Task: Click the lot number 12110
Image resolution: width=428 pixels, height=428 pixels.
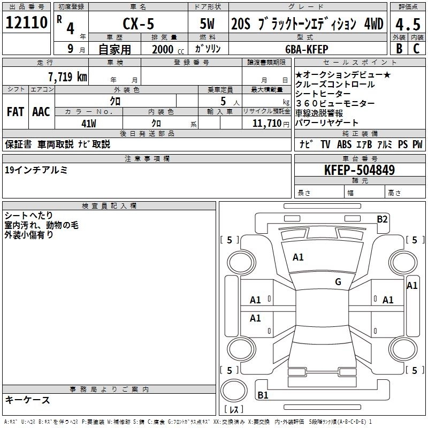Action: (x=26, y=22)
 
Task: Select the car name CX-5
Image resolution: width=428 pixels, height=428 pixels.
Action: (x=139, y=24)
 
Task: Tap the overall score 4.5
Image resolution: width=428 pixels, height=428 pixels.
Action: (x=408, y=24)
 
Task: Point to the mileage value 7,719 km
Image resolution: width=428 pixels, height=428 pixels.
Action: (x=68, y=77)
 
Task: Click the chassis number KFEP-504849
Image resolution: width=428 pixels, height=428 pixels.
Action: (x=360, y=170)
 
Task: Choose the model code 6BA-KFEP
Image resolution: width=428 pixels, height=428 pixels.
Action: (x=307, y=49)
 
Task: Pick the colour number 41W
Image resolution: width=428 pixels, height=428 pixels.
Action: (x=89, y=124)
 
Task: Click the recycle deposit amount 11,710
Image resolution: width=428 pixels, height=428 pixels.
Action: (x=266, y=123)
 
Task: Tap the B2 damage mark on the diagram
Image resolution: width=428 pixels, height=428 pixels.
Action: (x=382, y=219)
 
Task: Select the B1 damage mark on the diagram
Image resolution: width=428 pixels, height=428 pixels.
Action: (x=263, y=395)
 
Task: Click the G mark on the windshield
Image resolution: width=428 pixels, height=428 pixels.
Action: (x=338, y=281)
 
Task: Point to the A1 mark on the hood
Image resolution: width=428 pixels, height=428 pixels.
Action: (x=298, y=257)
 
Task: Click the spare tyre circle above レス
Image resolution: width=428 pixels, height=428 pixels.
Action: (x=234, y=391)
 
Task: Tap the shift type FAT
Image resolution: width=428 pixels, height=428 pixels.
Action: (x=16, y=112)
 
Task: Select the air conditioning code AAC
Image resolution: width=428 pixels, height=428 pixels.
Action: (x=41, y=112)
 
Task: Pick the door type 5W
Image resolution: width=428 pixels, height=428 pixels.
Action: (x=207, y=24)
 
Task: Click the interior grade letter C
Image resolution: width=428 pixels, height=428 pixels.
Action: (x=416, y=49)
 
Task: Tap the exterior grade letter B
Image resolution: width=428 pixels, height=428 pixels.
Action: (x=399, y=49)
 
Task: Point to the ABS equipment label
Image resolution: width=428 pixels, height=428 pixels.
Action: (x=344, y=144)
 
